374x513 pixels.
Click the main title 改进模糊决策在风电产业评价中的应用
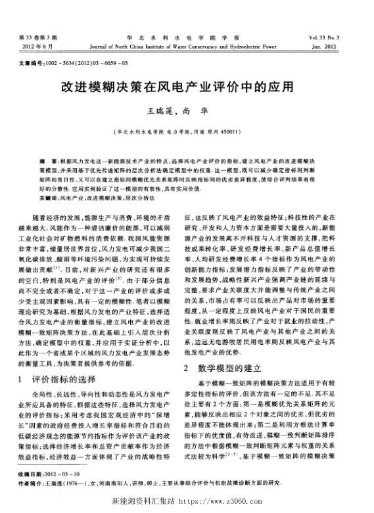pyautogui.click(x=187, y=86)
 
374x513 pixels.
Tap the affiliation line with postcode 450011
pyautogui.click(x=186, y=131)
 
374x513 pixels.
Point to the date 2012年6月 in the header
pyautogui.click(x=37, y=47)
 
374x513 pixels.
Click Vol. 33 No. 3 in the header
pyautogui.click(x=333, y=39)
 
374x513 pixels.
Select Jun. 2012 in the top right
pyautogui.click(x=339, y=47)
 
